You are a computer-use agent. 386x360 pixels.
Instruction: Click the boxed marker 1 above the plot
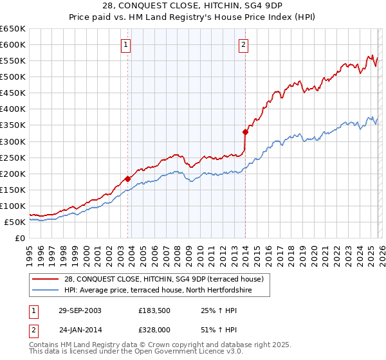[x=126, y=45]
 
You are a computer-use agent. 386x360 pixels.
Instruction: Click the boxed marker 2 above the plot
[x=244, y=45]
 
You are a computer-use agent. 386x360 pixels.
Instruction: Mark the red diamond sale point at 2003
[x=128, y=179]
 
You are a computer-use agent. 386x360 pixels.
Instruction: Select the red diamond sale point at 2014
[x=245, y=132]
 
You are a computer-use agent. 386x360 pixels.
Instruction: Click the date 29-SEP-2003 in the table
[x=80, y=310]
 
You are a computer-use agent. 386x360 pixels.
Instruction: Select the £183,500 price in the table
[x=156, y=310]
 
